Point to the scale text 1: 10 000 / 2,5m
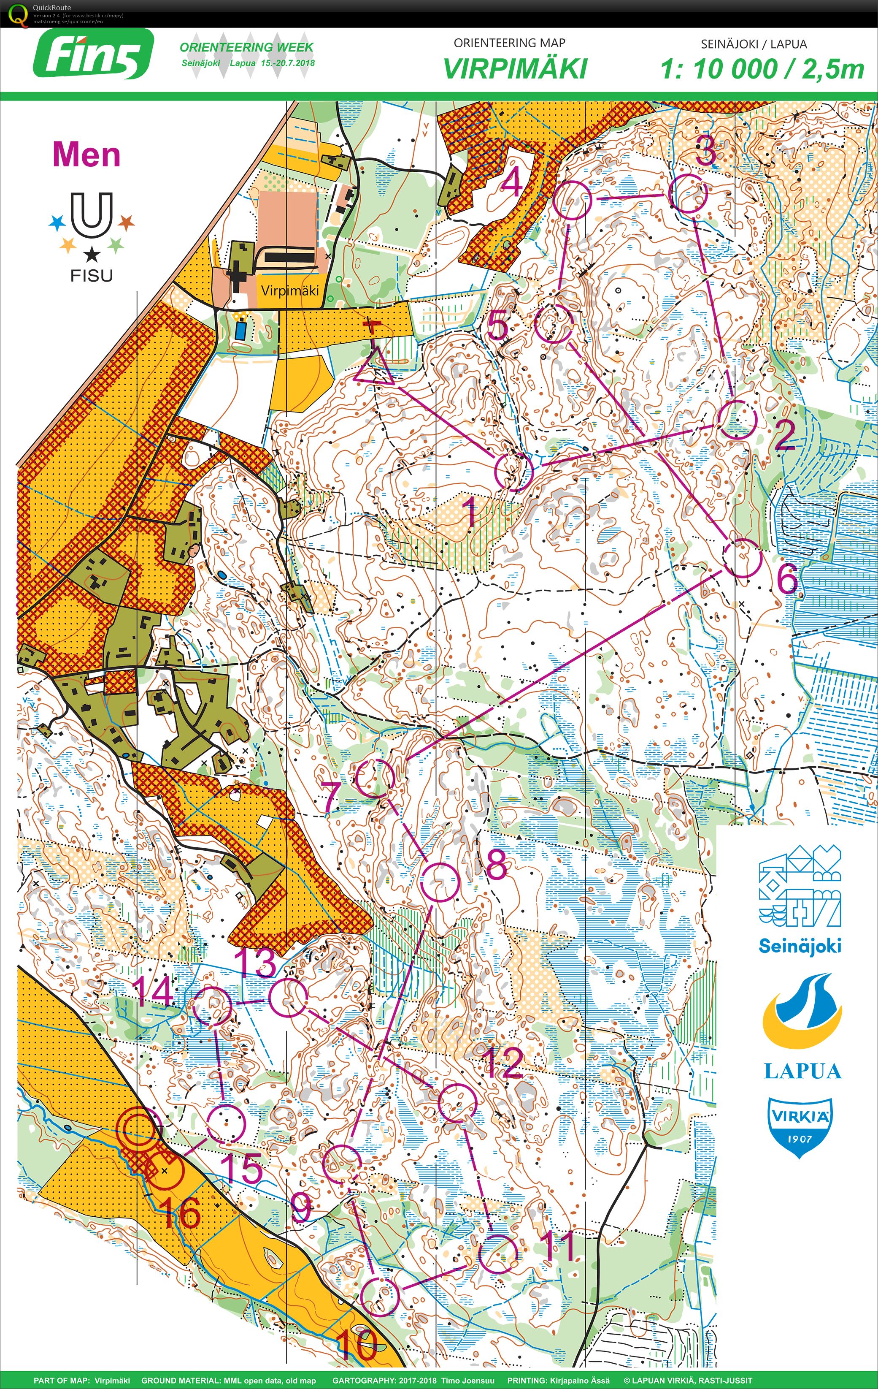tap(762, 69)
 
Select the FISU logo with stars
tap(91, 236)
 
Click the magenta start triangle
tap(373, 367)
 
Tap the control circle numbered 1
tap(513, 471)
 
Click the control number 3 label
tap(705, 151)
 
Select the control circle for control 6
tap(742, 558)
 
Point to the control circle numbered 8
tap(440, 882)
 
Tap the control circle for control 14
tap(211, 1005)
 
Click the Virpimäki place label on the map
tap(289, 290)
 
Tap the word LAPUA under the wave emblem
tap(802, 1071)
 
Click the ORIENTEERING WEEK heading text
tap(247, 47)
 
